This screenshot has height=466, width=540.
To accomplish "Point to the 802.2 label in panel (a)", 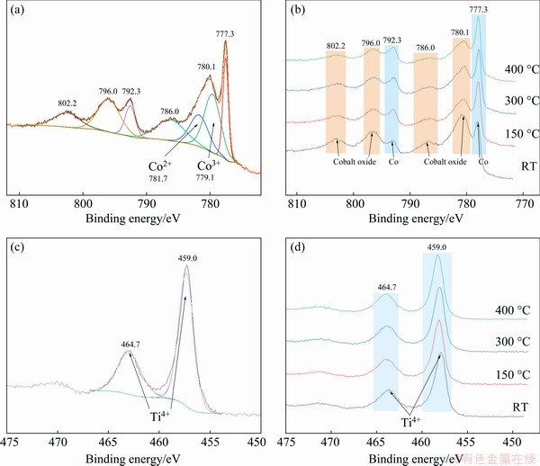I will [67, 102].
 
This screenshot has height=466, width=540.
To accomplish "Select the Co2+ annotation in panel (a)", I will [162, 166].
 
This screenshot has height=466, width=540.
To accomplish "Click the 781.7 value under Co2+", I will [158, 179].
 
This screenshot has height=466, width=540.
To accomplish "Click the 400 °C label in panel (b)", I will [512, 68].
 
